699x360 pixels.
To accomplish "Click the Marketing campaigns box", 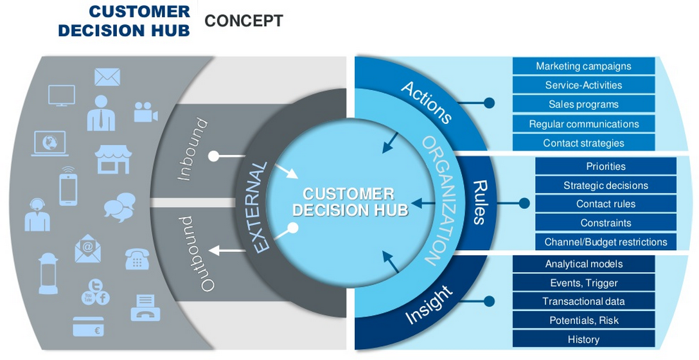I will [583, 66].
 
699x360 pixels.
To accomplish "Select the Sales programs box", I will [583, 104].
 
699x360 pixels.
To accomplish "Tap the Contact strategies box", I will [583, 143].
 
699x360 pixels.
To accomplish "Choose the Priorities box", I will [605, 166].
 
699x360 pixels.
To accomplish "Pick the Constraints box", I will [605, 223].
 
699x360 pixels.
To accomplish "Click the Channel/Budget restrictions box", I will [605, 242].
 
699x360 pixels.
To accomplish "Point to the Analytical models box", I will [583, 264].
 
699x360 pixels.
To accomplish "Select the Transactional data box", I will [583, 301].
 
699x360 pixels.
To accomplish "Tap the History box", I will [583, 339].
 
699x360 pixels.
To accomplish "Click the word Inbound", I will [192, 149].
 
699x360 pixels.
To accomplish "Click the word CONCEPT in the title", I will [243, 21].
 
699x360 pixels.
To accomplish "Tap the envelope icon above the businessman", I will [107, 78].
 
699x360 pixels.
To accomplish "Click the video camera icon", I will [145, 112].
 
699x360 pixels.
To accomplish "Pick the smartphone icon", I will [69, 186].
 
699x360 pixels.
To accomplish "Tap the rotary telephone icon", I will [137, 259].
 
